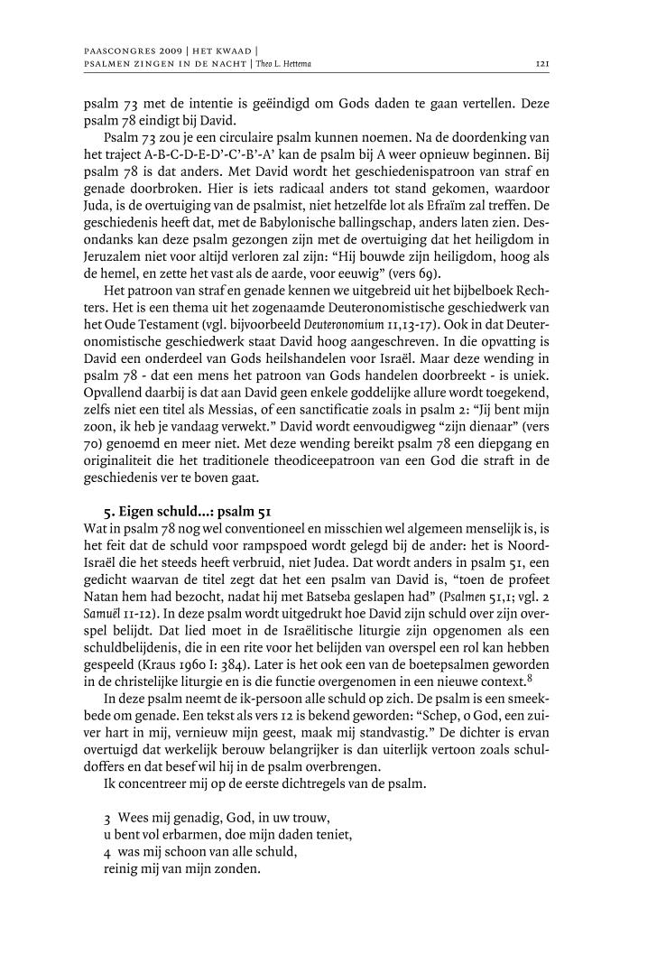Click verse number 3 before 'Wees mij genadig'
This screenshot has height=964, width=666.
pyautogui.click(x=107, y=818)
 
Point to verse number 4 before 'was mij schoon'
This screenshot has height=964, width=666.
pyautogui.click(x=107, y=852)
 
